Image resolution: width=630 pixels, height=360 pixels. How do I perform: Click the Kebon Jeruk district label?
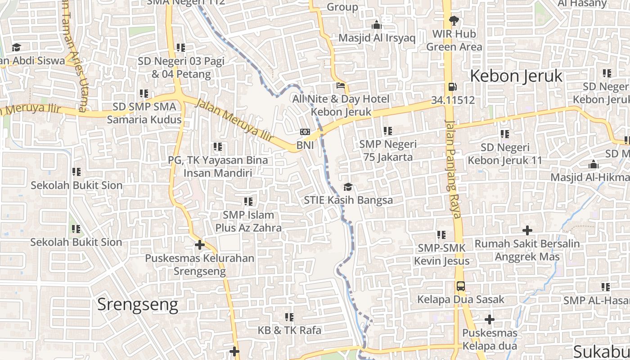click(516, 76)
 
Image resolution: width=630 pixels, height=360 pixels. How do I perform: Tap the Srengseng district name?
click(138, 305)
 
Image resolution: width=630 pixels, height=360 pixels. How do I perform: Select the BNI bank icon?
click(305, 132)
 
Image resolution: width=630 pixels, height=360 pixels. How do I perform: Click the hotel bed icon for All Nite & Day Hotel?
click(341, 85)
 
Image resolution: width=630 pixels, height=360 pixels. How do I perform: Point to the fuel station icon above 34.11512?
click(452, 87)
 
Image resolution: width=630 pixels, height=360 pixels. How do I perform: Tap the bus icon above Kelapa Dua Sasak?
click(461, 286)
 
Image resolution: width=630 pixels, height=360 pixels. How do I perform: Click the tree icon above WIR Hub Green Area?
click(454, 20)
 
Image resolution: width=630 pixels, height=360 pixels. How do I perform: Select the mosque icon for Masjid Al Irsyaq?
click(377, 24)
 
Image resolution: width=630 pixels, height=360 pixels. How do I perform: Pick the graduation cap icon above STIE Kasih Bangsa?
click(348, 187)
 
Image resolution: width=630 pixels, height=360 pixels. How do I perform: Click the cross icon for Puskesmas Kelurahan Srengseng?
click(200, 245)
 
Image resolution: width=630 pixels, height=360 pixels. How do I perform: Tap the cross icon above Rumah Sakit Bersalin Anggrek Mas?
click(527, 230)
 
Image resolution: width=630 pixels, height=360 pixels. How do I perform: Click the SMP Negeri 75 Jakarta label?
click(387, 151)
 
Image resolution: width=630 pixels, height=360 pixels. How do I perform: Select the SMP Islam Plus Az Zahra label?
click(248, 221)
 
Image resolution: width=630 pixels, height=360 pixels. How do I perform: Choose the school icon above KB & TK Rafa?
click(289, 317)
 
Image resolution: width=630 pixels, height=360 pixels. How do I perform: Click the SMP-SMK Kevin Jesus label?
click(441, 254)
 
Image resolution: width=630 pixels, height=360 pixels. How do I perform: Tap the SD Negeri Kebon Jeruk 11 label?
click(505, 154)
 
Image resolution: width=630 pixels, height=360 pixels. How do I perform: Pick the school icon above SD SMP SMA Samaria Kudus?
click(144, 94)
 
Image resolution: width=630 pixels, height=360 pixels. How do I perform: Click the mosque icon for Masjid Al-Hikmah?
click(594, 164)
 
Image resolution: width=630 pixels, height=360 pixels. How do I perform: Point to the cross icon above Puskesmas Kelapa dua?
click(490, 319)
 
